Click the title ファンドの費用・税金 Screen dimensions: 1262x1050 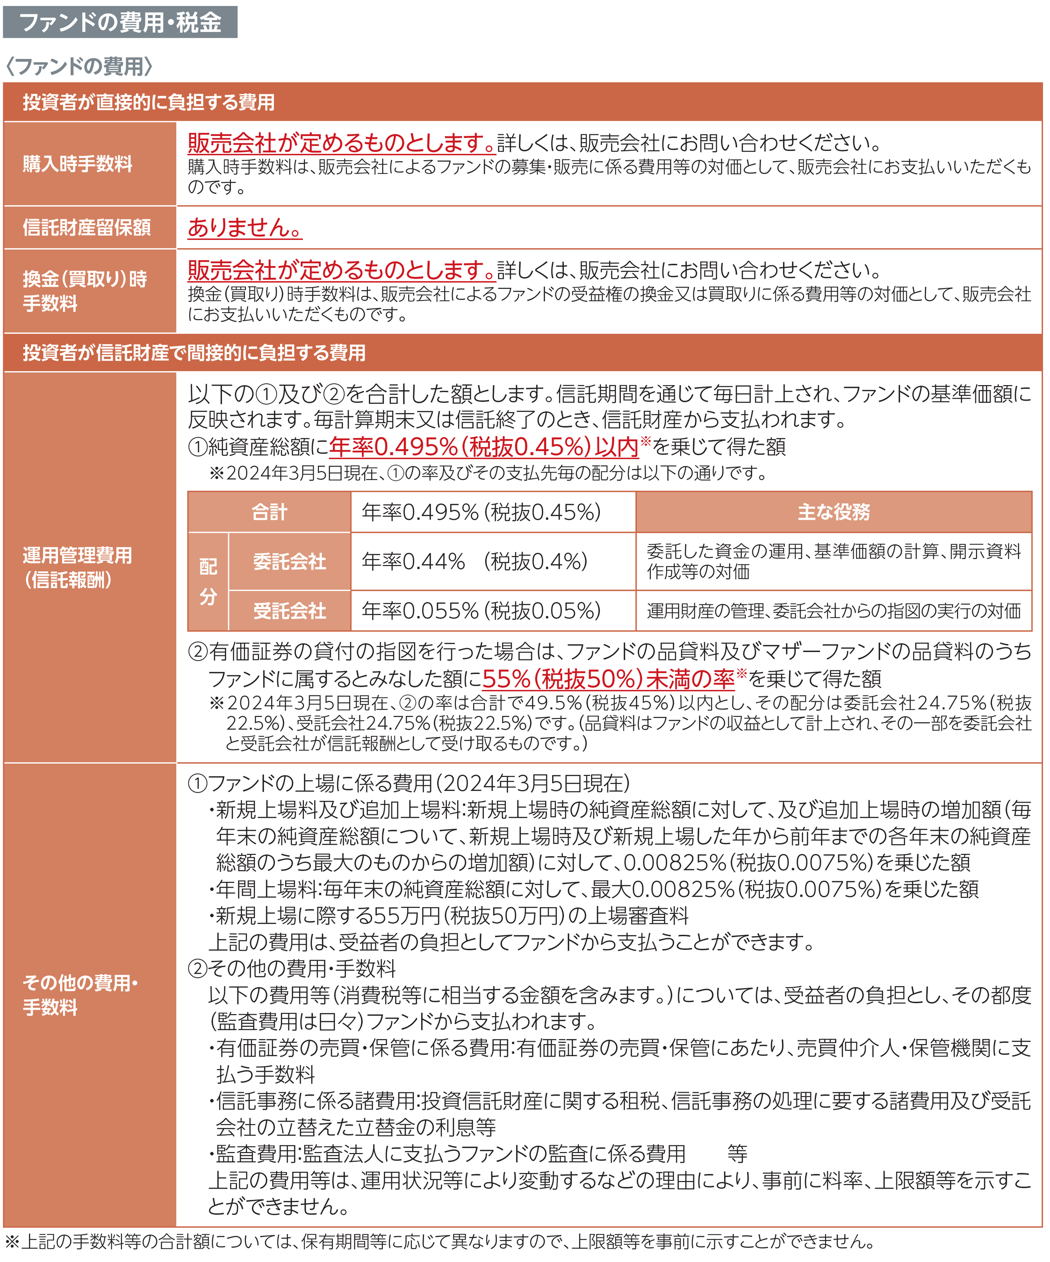click(120, 22)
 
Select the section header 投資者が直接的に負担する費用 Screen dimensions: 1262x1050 click(149, 102)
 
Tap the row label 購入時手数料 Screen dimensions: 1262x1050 click(78, 164)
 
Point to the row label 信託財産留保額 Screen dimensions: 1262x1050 click(86, 227)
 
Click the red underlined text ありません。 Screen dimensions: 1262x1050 click(245, 227)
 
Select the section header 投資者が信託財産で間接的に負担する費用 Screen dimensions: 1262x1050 click(194, 353)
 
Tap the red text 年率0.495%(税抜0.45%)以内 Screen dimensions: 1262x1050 click(483, 446)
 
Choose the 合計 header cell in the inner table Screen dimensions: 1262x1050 click(269, 512)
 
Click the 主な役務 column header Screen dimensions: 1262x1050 click(834, 512)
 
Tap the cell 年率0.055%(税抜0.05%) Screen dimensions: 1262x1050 click(481, 610)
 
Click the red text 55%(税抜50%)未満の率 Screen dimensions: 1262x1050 click(608, 679)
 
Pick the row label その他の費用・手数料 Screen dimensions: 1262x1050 click(80, 995)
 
